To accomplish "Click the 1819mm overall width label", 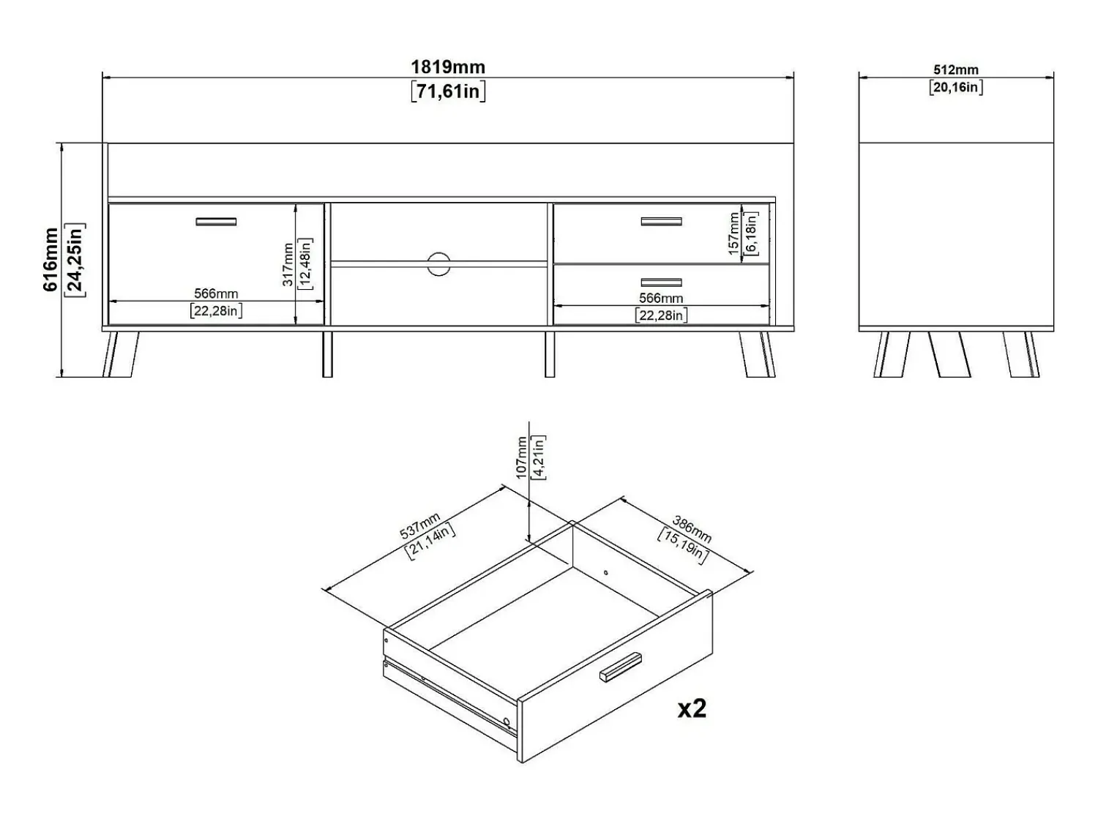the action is (448, 67).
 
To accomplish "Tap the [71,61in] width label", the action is (448, 91).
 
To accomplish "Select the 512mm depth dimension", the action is (955, 70).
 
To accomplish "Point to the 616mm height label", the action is (51, 260).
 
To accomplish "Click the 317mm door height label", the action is (288, 264).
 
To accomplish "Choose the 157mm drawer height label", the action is (734, 233).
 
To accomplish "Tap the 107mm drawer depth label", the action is (521, 457).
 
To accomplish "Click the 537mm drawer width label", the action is (420, 525).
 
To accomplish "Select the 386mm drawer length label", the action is (692, 529).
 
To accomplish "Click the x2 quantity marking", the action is (692, 708).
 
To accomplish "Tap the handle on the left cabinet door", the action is (216, 222).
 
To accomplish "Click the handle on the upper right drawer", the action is (661, 222).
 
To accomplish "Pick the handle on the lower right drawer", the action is (661, 282).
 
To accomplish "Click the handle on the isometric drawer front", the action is (620, 667).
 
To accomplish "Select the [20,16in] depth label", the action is (955, 88).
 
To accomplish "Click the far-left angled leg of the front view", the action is (121, 354).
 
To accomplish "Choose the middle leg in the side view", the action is (949, 354).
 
